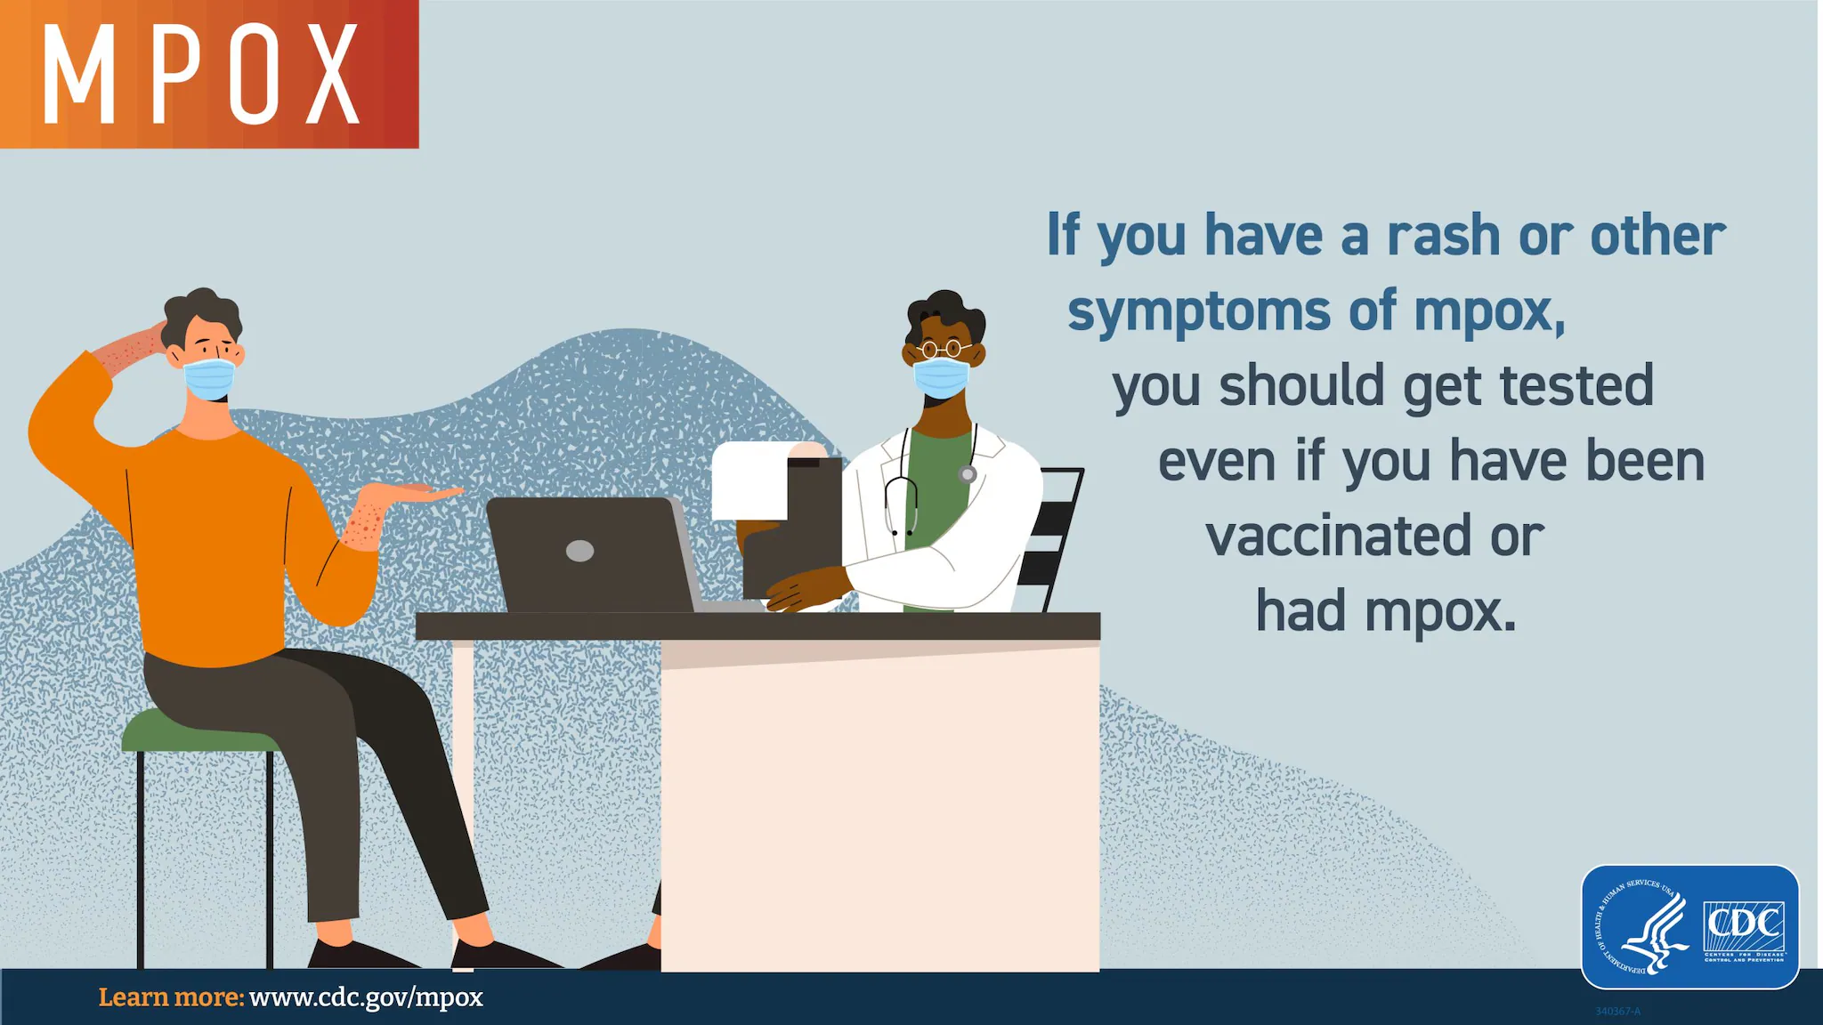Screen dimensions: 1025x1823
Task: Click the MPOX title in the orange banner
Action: pos(202,74)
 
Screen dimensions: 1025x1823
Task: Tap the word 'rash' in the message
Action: pos(1443,236)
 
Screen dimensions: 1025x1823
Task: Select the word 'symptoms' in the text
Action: pos(1198,311)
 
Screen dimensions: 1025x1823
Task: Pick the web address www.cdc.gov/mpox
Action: pos(366,997)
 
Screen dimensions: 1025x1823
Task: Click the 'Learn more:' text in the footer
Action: pos(171,997)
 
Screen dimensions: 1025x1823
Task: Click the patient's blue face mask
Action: pos(210,379)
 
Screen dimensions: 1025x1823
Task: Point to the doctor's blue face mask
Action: pos(940,378)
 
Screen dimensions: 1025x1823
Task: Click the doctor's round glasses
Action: pos(944,349)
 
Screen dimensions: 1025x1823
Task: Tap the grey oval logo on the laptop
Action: pos(579,551)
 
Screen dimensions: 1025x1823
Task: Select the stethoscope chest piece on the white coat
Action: pos(968,474)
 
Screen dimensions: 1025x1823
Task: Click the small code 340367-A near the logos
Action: pos(1617,1012)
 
